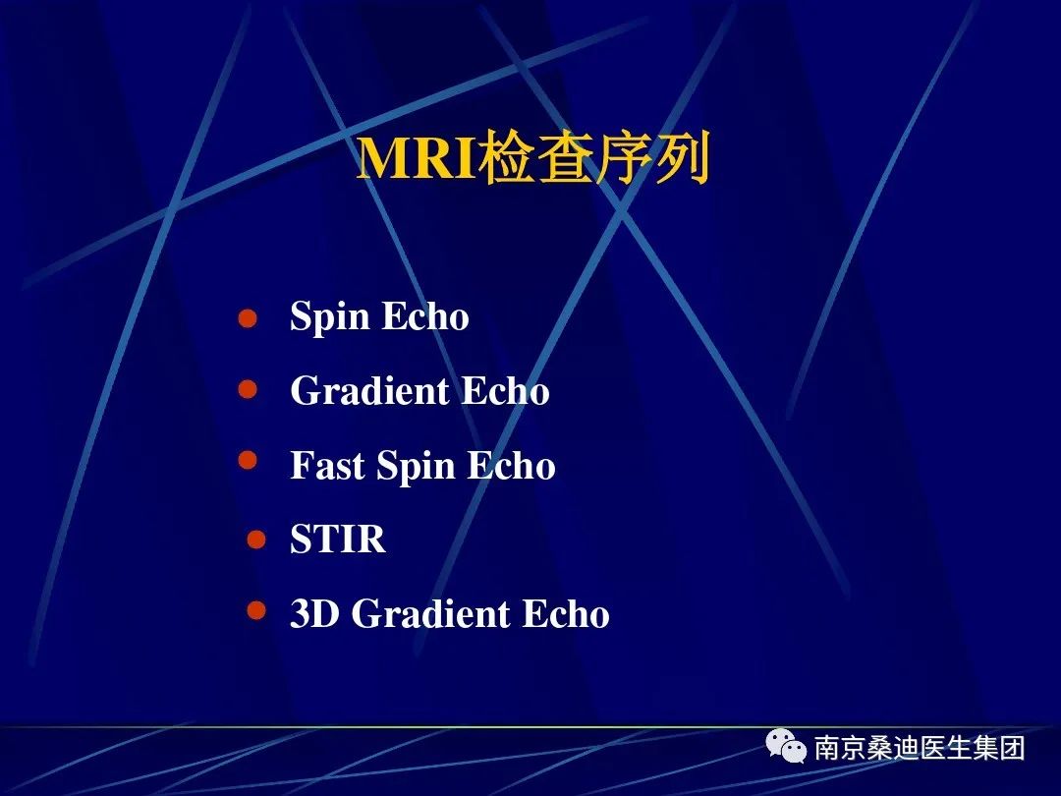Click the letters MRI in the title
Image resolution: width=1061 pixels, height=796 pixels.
click(417, 159)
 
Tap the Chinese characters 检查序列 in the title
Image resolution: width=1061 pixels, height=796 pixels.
click(593, 158)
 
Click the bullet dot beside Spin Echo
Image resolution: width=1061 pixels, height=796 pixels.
click(248, 318)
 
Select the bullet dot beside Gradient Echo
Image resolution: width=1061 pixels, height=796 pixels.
click(248, 389)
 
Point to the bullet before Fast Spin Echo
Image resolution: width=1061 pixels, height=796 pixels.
click(248, 460)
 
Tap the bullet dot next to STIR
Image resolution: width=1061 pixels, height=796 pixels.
click(256, 540)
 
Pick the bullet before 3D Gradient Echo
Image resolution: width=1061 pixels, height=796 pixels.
click(256, 610)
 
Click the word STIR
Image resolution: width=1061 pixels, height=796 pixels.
click(338, 540)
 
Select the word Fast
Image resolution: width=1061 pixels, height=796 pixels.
click(327, 466)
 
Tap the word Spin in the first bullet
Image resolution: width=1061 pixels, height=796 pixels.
click(329, 317)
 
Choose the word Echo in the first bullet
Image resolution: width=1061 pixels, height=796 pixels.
click(425, 316)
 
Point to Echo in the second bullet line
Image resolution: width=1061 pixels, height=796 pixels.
click(506, 390)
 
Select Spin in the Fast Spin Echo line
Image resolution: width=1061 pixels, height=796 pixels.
click(416, 467)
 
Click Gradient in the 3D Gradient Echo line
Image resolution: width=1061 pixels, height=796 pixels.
click(430, 613)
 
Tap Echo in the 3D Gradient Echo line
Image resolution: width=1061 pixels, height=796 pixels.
click(566, 613)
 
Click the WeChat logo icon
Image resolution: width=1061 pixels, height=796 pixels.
click(786, 746)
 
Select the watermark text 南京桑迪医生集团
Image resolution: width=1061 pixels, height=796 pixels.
click(919, 748)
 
